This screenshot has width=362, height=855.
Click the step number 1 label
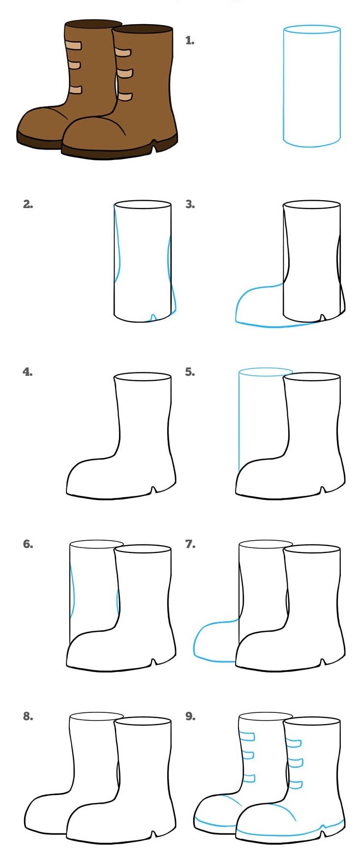coord(190,41)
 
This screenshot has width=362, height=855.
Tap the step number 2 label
coord(28,204)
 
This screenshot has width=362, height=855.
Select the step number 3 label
coord(190,204)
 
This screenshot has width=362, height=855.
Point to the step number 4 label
coord(28,372)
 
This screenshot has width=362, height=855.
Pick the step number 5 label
coord(190,372)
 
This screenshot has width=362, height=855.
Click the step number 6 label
coord(28,544)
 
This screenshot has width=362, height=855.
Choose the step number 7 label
coord(190,544)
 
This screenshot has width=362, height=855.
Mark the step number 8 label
coord(28,716)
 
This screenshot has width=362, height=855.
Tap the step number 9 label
coord(190,716)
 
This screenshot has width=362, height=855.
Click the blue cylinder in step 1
coord(312,87)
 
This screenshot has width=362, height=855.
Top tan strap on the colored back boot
coord(73,46)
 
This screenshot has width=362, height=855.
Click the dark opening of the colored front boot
coord(143,30)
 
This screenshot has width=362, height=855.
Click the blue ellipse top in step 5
coord(265,371)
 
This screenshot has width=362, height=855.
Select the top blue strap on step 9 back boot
coord(247,736)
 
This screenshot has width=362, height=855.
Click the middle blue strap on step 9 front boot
coord(295,763)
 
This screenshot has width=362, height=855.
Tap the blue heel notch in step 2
coord(153,317)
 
